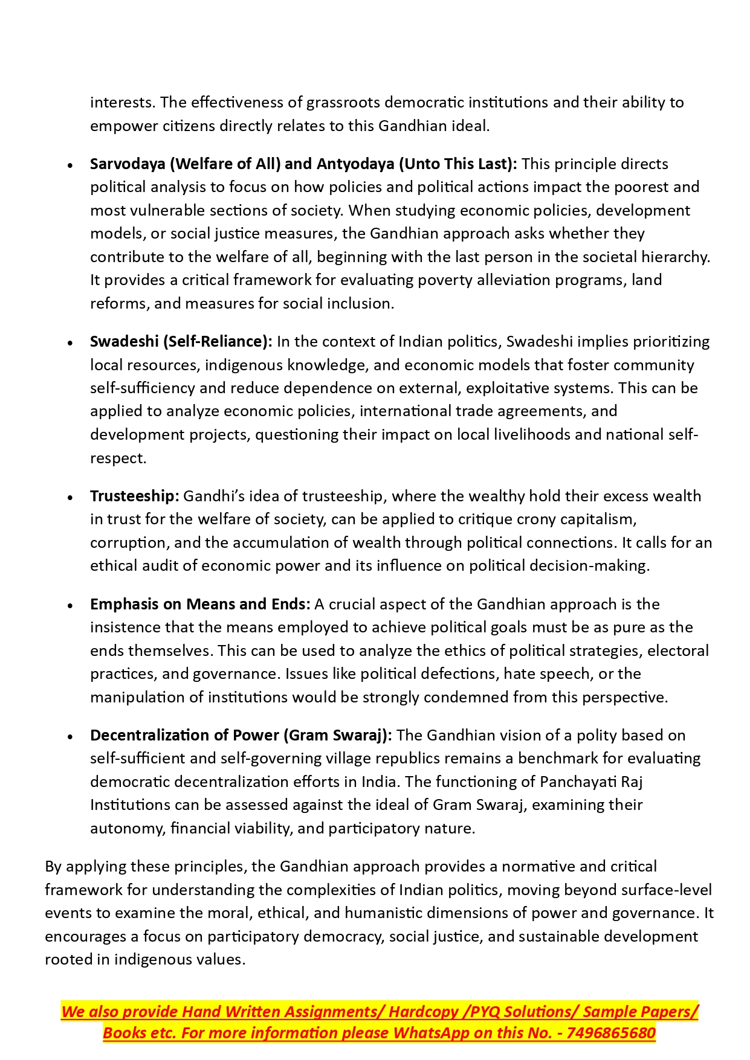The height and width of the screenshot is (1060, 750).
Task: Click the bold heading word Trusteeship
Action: (x=134, y=496)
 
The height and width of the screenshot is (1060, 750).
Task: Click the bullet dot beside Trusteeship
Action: (x=71, y=498)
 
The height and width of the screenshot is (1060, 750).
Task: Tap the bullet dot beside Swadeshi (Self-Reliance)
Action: (x=71, y=343)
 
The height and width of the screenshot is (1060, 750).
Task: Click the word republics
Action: (x=425, y=759)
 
